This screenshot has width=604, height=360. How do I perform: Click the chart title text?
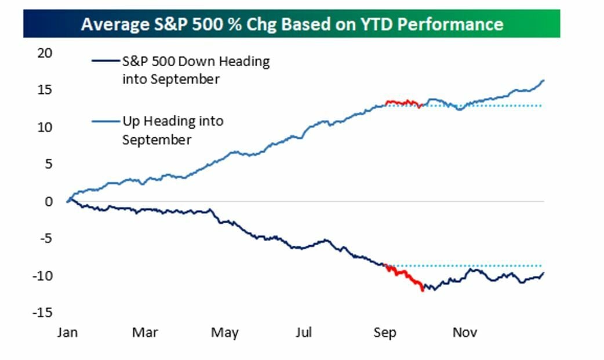pyautogui.click(x=292, y=24)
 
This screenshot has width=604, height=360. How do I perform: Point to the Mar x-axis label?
pyautogui.click(x=145, y=333)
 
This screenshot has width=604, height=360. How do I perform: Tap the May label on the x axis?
pyautogui.click(x=224, y=333)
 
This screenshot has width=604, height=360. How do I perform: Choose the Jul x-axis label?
pyautogui.click(x=304, y=333)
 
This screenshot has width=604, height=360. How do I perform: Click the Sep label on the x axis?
pyautogui.click(x=385, y=333)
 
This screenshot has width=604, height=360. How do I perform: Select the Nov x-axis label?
pyautogui.click(x=464, y=333)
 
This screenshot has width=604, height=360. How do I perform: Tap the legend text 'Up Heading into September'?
pyautogui.click(x=172, y=130)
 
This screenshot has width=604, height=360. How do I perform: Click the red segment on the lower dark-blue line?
pyautogui.click(x=406, y=277)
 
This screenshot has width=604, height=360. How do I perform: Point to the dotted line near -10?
pyautogui.click(x=464, y=266)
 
